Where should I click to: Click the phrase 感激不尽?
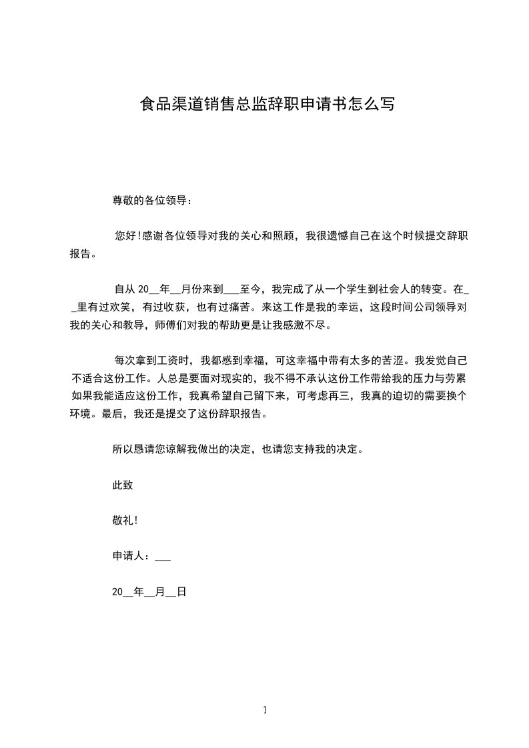[308, 327]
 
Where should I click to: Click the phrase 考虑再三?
[328, 396]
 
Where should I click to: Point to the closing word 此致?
[123, 485]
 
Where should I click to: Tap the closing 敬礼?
[125, 520]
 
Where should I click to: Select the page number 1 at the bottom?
[265, 710]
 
